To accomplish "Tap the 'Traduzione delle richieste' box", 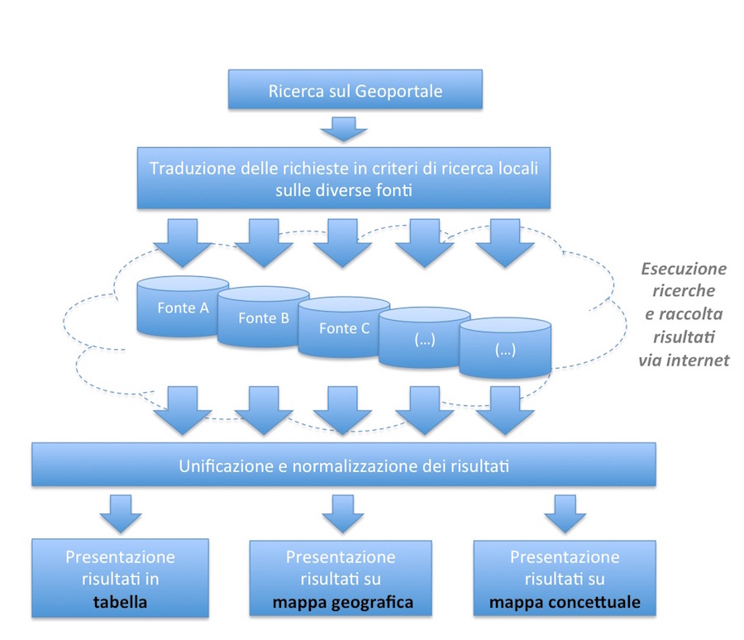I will pyautogui.click(x=344, y=178).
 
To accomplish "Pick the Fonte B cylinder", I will pyautogui.click(x=263, y=318).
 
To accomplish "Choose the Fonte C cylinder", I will pyautogui.click(x=343, y=328).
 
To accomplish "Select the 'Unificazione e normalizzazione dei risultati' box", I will pyautogui.click(x=344, y=466).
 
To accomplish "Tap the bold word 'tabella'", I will pyautogui.click(x=120, y=602).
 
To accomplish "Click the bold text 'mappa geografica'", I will pyautogui.click(x=341, y=602).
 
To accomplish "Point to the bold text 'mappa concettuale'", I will pyautogui.click(x=565, y=602).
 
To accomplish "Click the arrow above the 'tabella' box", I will pyautogui.click(x=121, y=514).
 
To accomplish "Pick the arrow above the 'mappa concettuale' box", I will pyautogui.click(x=564, y=514).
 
